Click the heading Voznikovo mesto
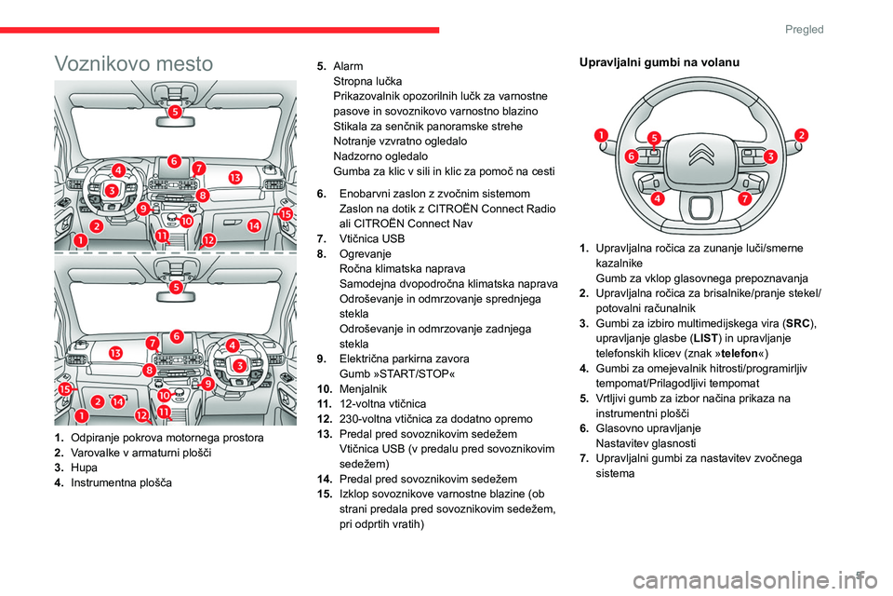pos(133,63)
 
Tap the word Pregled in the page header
pos(804,29)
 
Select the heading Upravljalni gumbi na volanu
pos(659,62)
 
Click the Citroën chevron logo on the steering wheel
pos(700,154)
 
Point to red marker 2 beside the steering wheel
pos(801,135)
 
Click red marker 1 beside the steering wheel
pos(600,135)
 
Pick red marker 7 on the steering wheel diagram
pos(744,198)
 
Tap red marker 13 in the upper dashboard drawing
pos(235,177)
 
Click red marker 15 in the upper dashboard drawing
pos(286,214)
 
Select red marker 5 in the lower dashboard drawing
pos(176,287)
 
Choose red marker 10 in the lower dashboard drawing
pos(164,395)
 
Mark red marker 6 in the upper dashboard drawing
pos(174,161)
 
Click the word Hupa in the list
pos(84,467)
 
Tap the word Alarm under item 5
pos(348,66)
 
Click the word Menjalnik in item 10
pos(363,389)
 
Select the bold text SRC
pos(798,323)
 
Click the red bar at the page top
pos(220,30)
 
